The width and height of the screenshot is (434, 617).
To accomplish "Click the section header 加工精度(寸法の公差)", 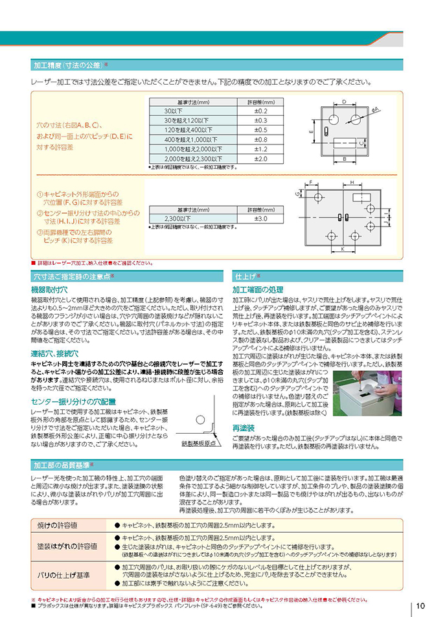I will coord(71,65).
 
